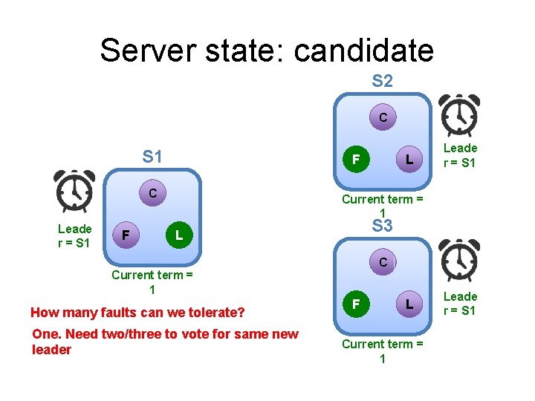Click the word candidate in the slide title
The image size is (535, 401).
coord(363,50)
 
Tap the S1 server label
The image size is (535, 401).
coord(152,157)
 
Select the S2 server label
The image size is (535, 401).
coord(382,81)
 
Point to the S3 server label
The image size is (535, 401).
coord(382,226)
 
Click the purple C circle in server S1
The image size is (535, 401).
coord(152,194)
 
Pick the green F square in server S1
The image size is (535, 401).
coord(126,235)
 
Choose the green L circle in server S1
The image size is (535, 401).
coord(177,235)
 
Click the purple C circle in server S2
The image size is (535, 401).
coord(382,117)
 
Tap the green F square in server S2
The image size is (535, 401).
coord(357,159)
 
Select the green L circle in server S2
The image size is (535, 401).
coord(408,159)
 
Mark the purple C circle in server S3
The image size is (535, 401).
coord(382,262)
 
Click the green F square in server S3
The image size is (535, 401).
coord(357,304)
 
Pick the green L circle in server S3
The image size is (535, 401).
coord(408,304)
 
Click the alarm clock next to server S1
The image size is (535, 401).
coord(74,192)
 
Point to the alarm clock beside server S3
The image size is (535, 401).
coord(459,261)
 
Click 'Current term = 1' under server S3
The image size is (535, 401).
coord(382,351)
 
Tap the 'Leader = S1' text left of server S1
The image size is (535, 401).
coord(74,235)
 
